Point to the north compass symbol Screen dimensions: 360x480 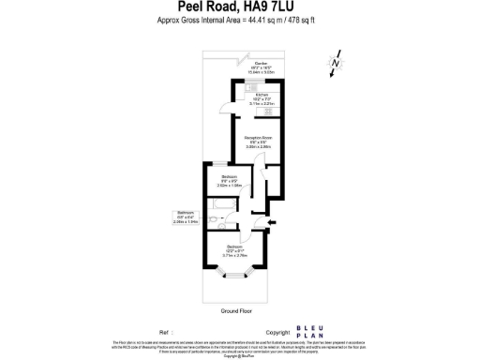point(333,63)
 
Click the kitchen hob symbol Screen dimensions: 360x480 point(270,111)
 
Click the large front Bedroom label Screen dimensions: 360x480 point(234,249)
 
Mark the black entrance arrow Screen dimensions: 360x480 point(273,221)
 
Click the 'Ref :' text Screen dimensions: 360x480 point(167,332)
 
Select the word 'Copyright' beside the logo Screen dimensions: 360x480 point(278,332)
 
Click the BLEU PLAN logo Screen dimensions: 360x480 point(309,331)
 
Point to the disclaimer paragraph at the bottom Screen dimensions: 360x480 point(239,349)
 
